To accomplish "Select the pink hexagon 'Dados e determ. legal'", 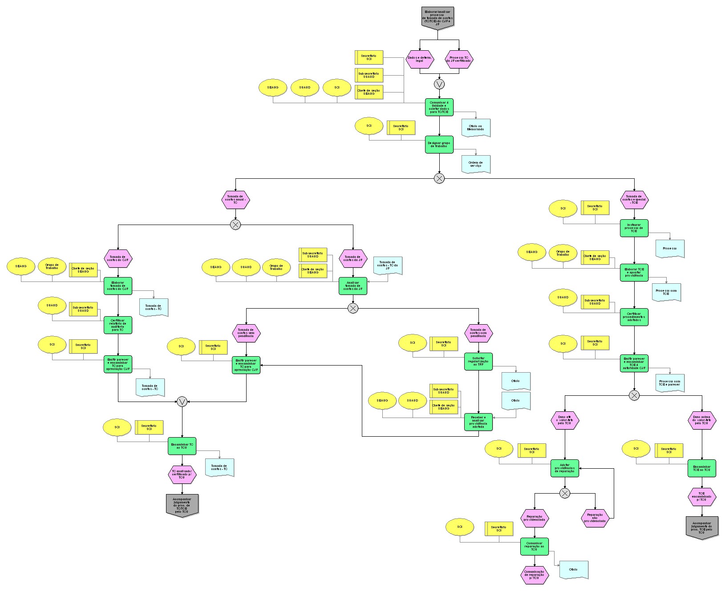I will (419, 59).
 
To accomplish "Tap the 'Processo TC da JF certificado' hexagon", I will (459, 59).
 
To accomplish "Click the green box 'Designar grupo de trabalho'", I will (439, 145).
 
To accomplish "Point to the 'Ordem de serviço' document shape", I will (475, 164).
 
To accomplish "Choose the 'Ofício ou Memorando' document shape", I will (475, 128).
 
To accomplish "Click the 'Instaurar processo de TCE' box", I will (634, 228).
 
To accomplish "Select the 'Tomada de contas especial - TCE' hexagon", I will (634, 200).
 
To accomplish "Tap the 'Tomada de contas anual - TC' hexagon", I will (235, 200).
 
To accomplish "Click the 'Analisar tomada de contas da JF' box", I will (353, 286).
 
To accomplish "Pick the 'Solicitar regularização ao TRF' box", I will (478, 362).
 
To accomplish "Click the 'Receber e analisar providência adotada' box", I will (478, 422).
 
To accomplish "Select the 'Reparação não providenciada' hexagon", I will (595, 518).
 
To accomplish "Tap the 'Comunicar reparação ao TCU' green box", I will (535, 547).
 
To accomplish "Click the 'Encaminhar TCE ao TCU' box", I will (702, 468).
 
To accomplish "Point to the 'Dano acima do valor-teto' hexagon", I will (702, 420).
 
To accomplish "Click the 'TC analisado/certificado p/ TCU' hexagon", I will (182, 474).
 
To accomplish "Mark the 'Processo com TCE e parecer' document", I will (669, 383).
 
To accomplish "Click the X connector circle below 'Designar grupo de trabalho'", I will (439, 178).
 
